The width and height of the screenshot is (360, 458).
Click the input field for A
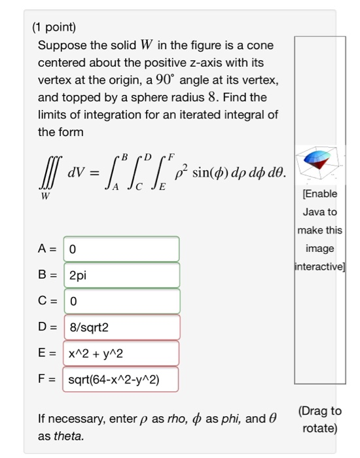coord(121,249)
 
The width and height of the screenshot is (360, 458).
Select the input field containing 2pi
coord(121,275)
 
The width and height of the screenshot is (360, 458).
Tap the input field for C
coord(121,302)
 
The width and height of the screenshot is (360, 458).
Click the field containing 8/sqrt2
coord(121,328)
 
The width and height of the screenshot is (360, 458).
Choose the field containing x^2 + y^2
coord(121,353)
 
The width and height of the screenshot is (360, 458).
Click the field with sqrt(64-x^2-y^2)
coord(121,379)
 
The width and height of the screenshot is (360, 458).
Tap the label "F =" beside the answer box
coord(46,379)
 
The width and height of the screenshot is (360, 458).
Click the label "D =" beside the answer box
coord(46,328)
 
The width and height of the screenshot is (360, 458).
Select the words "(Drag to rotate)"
coord(319,419)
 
